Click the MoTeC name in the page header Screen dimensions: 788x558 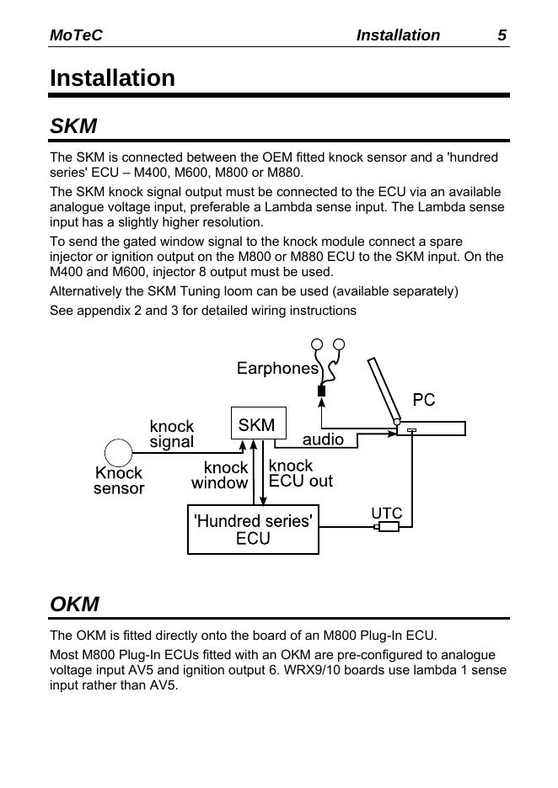click(x=76, y=35)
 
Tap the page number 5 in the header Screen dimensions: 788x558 click(x=502, y=35)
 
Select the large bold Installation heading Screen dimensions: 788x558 click(x=112, y=78)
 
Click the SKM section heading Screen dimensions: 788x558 click(x=73, y=127)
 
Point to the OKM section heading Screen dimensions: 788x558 click(x=74, y=604)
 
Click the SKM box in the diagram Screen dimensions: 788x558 click(x=258, y=425)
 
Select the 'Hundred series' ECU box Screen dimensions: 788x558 click(x=253, y=530)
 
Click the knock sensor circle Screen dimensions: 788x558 click(x=118, y=452)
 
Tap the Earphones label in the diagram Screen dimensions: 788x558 click(x=277, y=368)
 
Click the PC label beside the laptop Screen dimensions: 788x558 click(x=424, y=400)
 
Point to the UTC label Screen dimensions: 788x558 click(x=387, y=513)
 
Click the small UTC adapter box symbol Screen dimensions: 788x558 click(x=389, y=528)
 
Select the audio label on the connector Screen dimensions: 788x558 click(x=323, y=439)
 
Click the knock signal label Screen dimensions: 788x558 click(x=172, y=434)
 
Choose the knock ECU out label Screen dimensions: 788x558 click(x=300, y=473)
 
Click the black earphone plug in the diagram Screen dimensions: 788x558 click(x=321, y=391)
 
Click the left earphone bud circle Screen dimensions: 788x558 click(x=317, y=344)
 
